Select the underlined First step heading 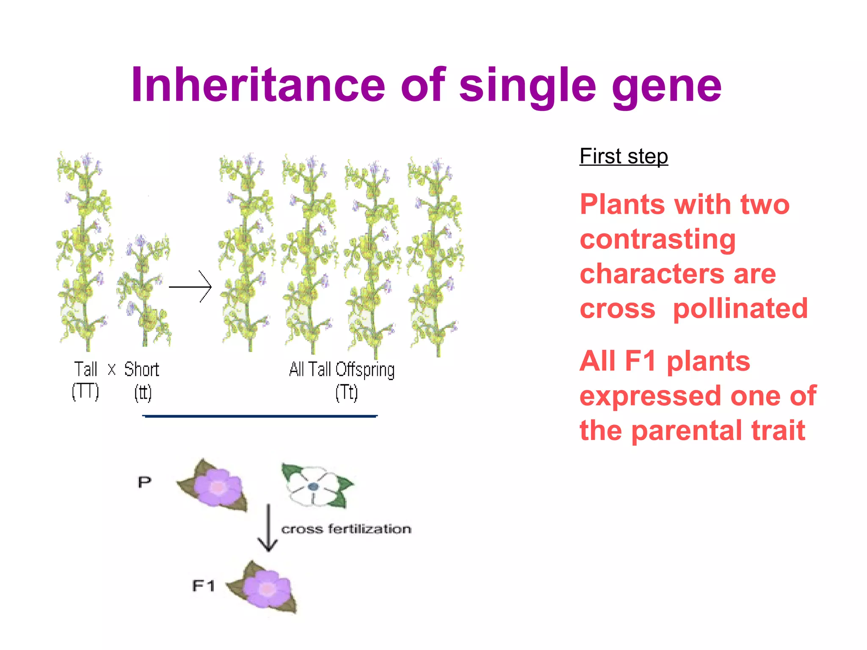(x=624, y=156)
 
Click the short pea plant (x=144, y=292)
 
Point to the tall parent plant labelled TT (x=85, y=254)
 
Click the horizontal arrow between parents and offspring (x=191, y=287)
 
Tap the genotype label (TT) (x=85, y=391)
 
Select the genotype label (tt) (x=143, y=392)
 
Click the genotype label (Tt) (x=346, y=392)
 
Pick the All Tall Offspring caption (x=342, y=369)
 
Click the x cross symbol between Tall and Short (x=111, y=369)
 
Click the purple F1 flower (x=265, y=588)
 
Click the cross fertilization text (x=346, y=529)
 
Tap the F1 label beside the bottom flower (x=203, y=586)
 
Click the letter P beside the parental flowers (x=144, y=482)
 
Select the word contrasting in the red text (x=657, y=240)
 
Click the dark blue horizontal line (x=260, y=416)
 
